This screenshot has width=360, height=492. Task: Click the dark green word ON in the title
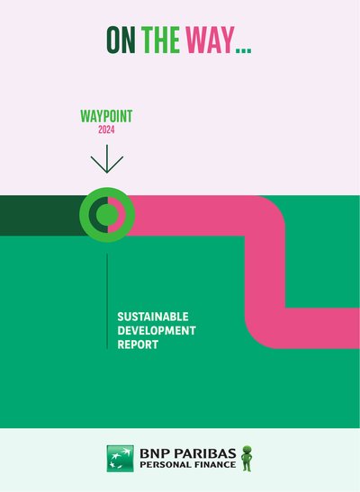[121, 40]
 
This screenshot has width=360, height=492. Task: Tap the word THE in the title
[161, 40]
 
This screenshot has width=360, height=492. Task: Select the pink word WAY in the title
[210, 40]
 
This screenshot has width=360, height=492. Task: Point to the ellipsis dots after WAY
[244, 49]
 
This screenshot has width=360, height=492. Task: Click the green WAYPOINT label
[106, 116]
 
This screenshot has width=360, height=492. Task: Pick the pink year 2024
[106, 130]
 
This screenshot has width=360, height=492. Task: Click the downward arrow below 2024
[107, 159]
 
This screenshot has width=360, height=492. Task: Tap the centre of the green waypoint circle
[107, 215]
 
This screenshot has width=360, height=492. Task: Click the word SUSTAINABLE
[153, 317]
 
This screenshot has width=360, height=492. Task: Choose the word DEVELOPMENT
[157, 330]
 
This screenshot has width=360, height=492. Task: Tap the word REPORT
[138, 344]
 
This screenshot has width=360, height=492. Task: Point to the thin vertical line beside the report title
[107, 301]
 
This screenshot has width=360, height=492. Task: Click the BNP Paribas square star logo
[121, 459]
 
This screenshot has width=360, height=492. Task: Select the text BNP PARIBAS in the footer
[188, 453]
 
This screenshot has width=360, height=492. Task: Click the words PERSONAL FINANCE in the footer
[188, 464]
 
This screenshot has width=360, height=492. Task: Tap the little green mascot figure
[247, 458]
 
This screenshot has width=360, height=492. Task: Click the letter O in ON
[113, 40]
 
